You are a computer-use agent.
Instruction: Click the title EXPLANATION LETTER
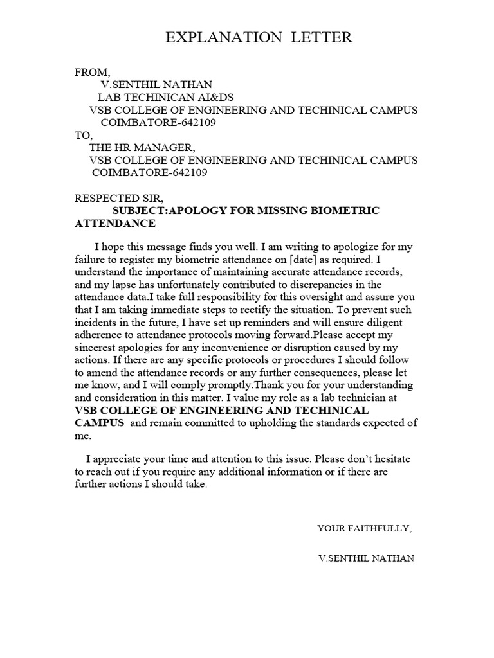[259, 38]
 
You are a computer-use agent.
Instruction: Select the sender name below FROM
[156, 85]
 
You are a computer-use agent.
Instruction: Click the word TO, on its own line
[84, 135]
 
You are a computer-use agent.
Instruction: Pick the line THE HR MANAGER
[142, 148]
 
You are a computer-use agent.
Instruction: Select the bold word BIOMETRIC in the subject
[350, 211]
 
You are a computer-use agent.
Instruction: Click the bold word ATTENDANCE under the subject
[115, 224]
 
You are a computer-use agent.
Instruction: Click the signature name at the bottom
[367, 558]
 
